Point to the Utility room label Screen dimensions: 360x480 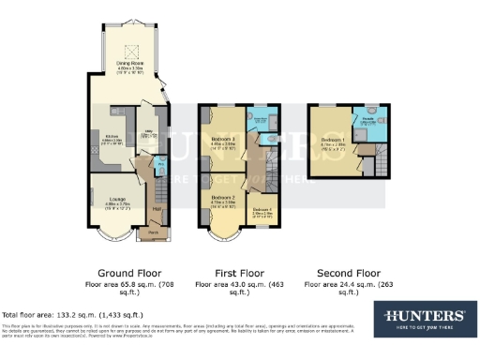pyautogui.click(x=147, y=136)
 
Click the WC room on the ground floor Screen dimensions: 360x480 pyautogui.click(x=160, y=167)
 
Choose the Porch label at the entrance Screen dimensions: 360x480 pyautogui.click(x=154, y=231)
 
